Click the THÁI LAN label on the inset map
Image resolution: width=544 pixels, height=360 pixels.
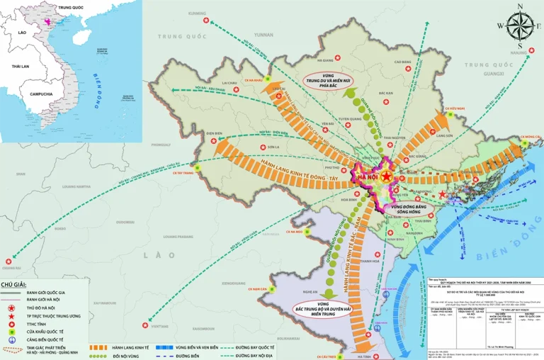[x=20, y=66]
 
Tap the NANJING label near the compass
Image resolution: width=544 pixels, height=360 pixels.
[x=519, y=51]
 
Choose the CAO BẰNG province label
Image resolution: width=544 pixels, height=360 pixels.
[x=412, y=62]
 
